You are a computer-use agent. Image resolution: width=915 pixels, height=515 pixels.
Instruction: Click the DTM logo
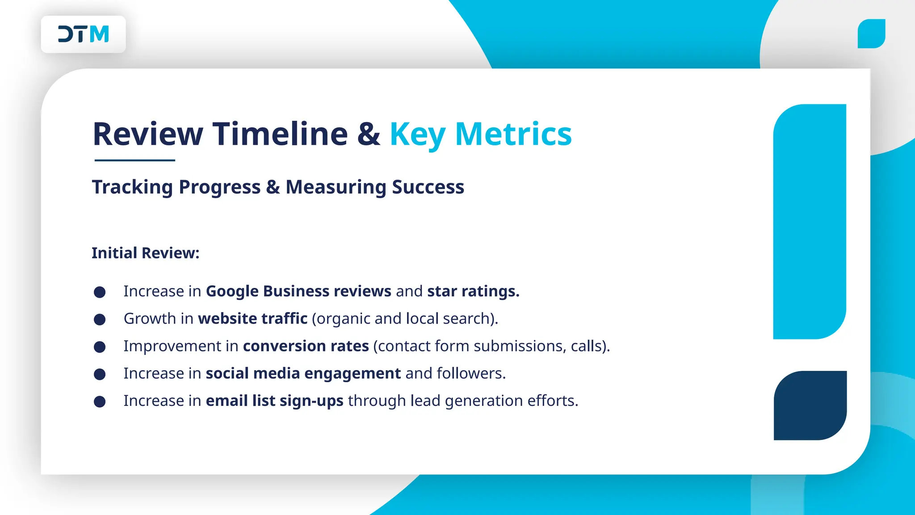[84, 34]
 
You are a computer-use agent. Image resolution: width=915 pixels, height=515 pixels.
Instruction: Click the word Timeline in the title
[280, 134]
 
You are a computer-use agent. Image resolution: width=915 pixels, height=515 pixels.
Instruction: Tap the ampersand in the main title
[369, 134]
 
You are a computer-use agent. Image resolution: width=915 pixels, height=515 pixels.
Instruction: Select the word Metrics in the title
[513, 134]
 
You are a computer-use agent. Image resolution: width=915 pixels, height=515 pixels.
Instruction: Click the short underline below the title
[134, 160]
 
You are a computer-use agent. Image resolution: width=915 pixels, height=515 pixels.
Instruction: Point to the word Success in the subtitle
[428, 187]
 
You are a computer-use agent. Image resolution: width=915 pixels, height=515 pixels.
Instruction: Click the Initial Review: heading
[145, 253]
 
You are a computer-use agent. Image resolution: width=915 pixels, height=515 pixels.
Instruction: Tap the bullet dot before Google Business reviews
[100, 292]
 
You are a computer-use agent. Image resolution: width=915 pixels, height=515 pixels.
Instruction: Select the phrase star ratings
[473, 291]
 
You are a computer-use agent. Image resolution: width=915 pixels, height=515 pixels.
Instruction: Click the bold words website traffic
[252, 319]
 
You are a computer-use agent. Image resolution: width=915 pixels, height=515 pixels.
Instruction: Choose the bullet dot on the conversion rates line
[100, 347]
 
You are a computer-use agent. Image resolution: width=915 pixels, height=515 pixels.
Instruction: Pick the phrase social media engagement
[303, 373]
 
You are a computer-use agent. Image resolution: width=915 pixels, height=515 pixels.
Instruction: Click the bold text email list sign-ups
[274, 401]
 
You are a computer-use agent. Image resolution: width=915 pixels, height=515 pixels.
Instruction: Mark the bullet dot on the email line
[100, 401]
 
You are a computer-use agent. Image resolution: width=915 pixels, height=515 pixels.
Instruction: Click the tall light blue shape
[810, 221]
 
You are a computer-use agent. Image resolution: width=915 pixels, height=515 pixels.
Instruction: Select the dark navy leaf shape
[810, 405]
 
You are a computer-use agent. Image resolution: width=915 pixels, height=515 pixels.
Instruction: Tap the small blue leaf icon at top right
[871, 34]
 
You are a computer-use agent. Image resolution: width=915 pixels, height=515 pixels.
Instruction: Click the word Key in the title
[417, 134]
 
